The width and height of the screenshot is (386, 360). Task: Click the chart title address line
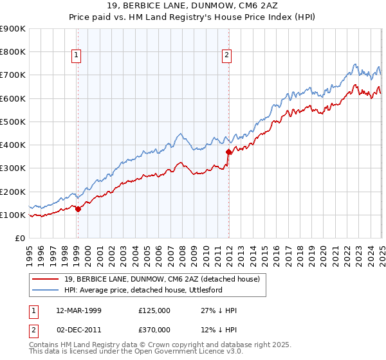pyautogui.click(x=192, y=6)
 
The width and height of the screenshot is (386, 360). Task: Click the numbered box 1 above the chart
pyautogui.click(x=77, y=56)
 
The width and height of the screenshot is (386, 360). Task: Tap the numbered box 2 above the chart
pyautogui.click(x=227, y=56)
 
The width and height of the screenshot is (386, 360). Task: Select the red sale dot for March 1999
pyautogui.click(x=78, y=208)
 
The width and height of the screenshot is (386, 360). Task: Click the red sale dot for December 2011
pyautogui.click(x=229, y=152)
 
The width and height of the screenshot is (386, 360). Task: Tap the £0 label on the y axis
pyautogui.click(x=19, y=239)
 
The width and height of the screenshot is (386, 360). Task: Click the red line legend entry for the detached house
pyautogui.click(x=161, y=279)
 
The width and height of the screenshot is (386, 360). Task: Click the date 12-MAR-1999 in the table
pyautogui.click(x=78, y=310)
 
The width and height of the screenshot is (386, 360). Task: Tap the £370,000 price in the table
pyautogui.click(x=154, y=329)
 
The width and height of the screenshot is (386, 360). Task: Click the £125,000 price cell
pyautogui.click(x=154, y=310)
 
